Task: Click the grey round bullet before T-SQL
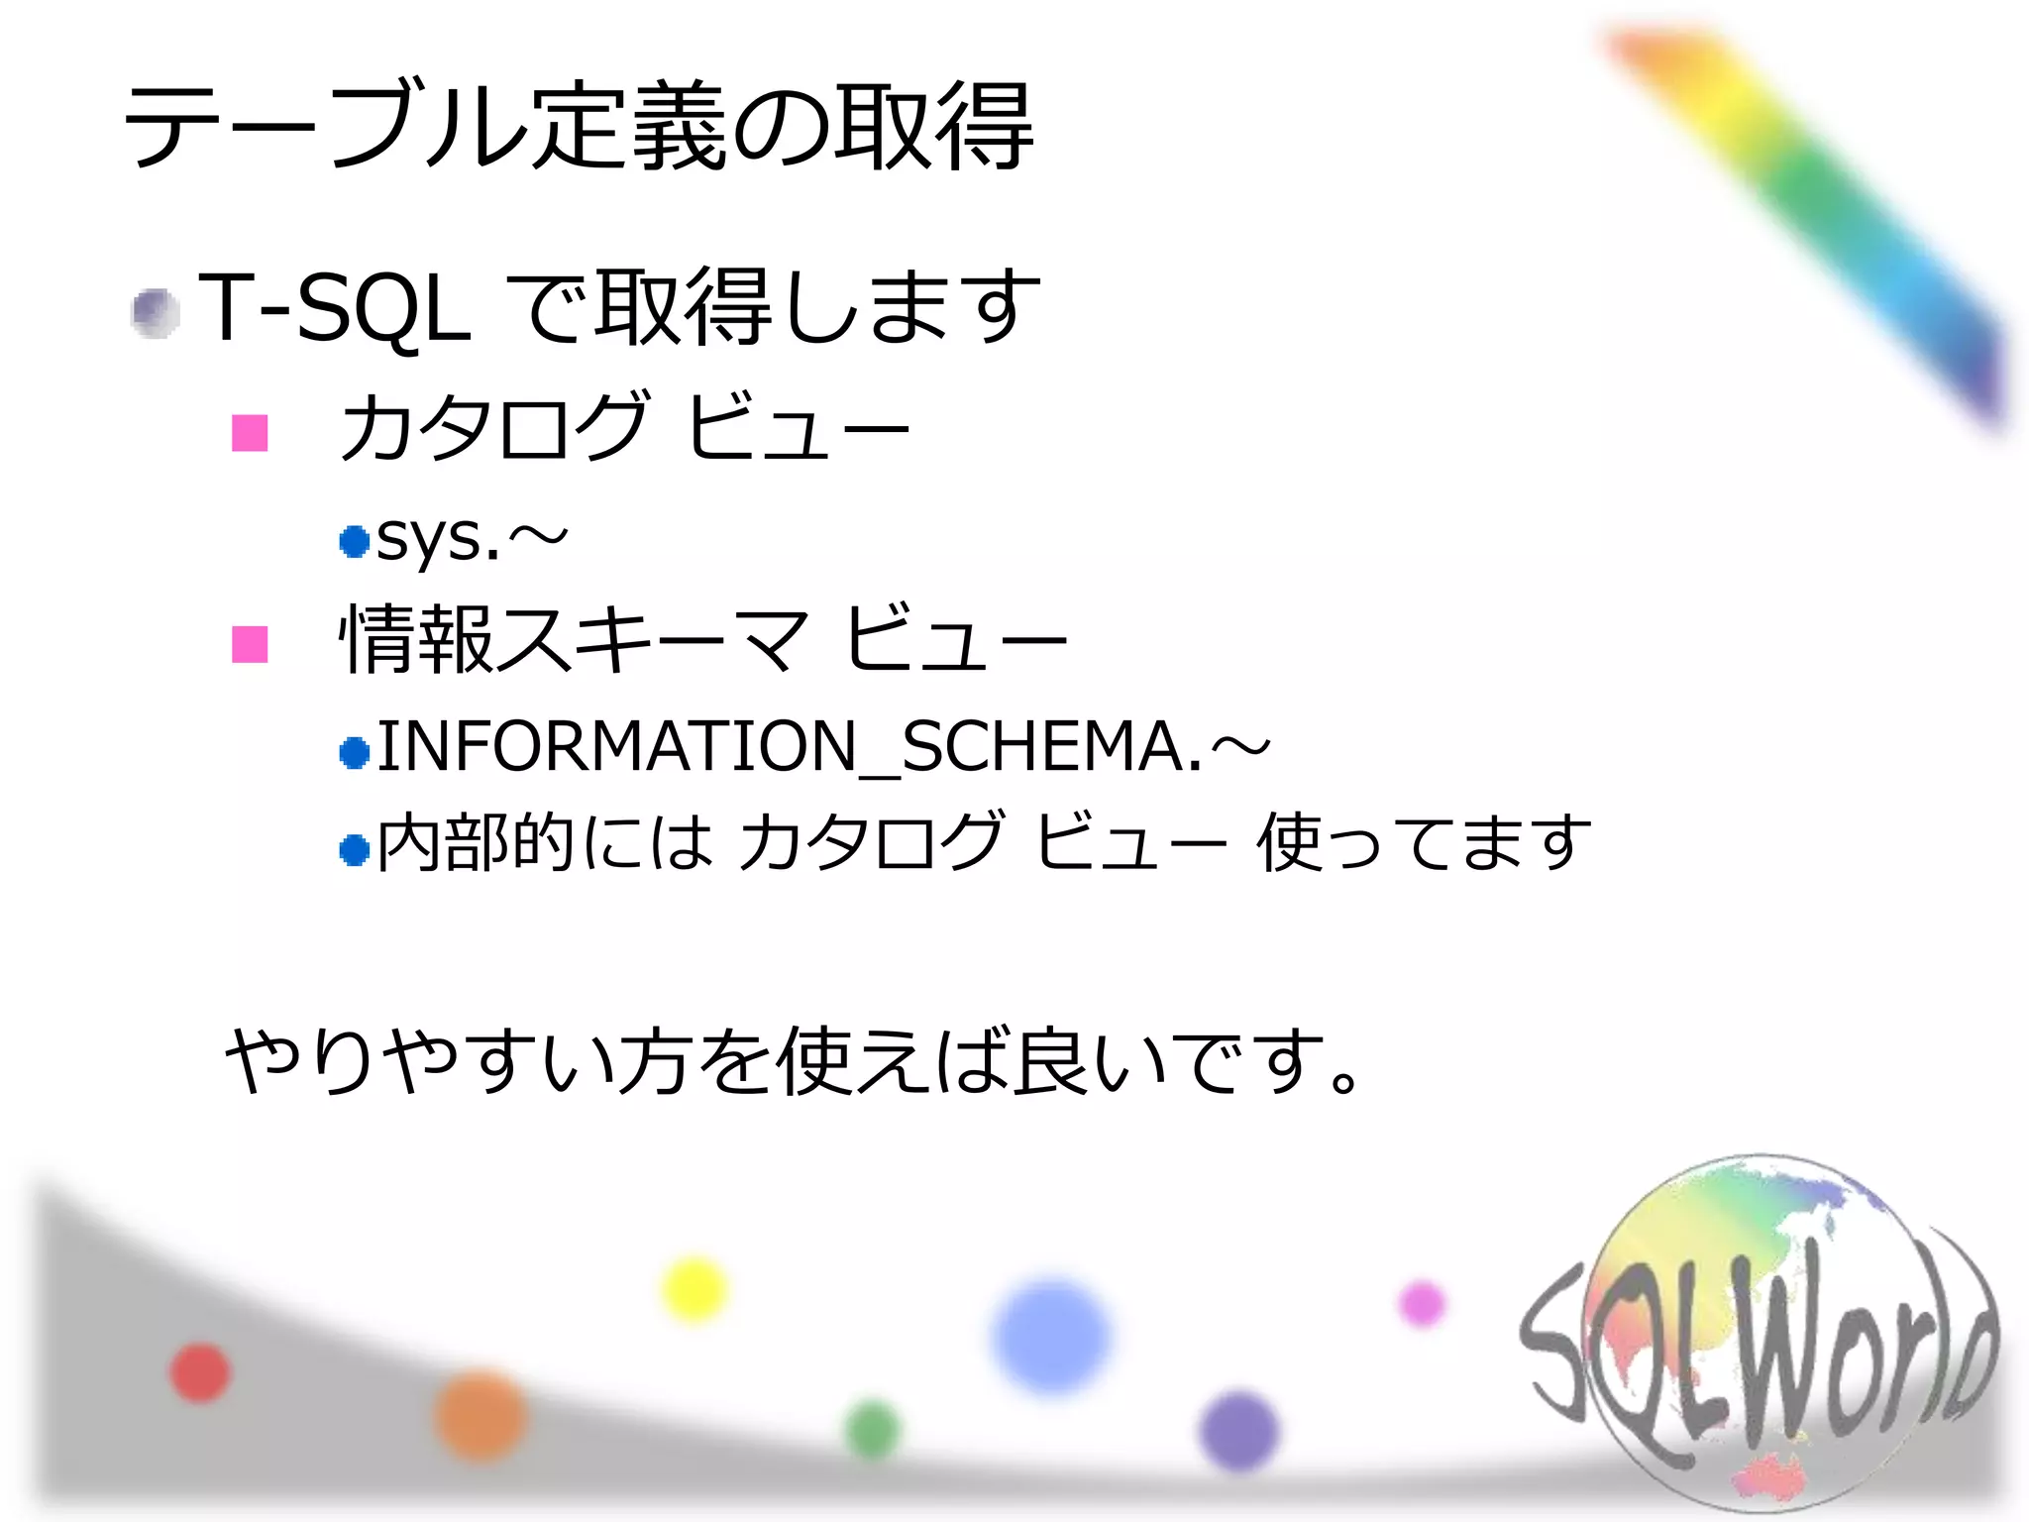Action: click(x=156, y=313)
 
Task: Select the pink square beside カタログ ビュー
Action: click(x=250, y=432)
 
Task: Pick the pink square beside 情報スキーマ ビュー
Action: click(x=250, y=644)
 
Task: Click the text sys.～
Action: click(x=472, y=540)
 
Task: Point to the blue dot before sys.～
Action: click(x=354, y=541)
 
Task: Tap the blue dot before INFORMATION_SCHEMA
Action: click(x=354, y=753)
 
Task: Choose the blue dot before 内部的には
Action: click(x=354, y=849)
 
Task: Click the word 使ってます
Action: click(x=1423, y=843)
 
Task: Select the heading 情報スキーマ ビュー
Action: click(x=703, y=640)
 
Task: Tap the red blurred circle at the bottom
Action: click(x=200, y=1372)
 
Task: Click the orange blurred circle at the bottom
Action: click(x=481, y=1415)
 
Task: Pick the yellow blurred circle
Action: click(x=694, y=1289)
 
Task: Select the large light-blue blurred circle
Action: click(x=1051, y=1336)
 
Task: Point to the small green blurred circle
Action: click(x=873, y=1429)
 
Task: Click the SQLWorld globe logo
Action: click(x=1759, y=1333)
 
